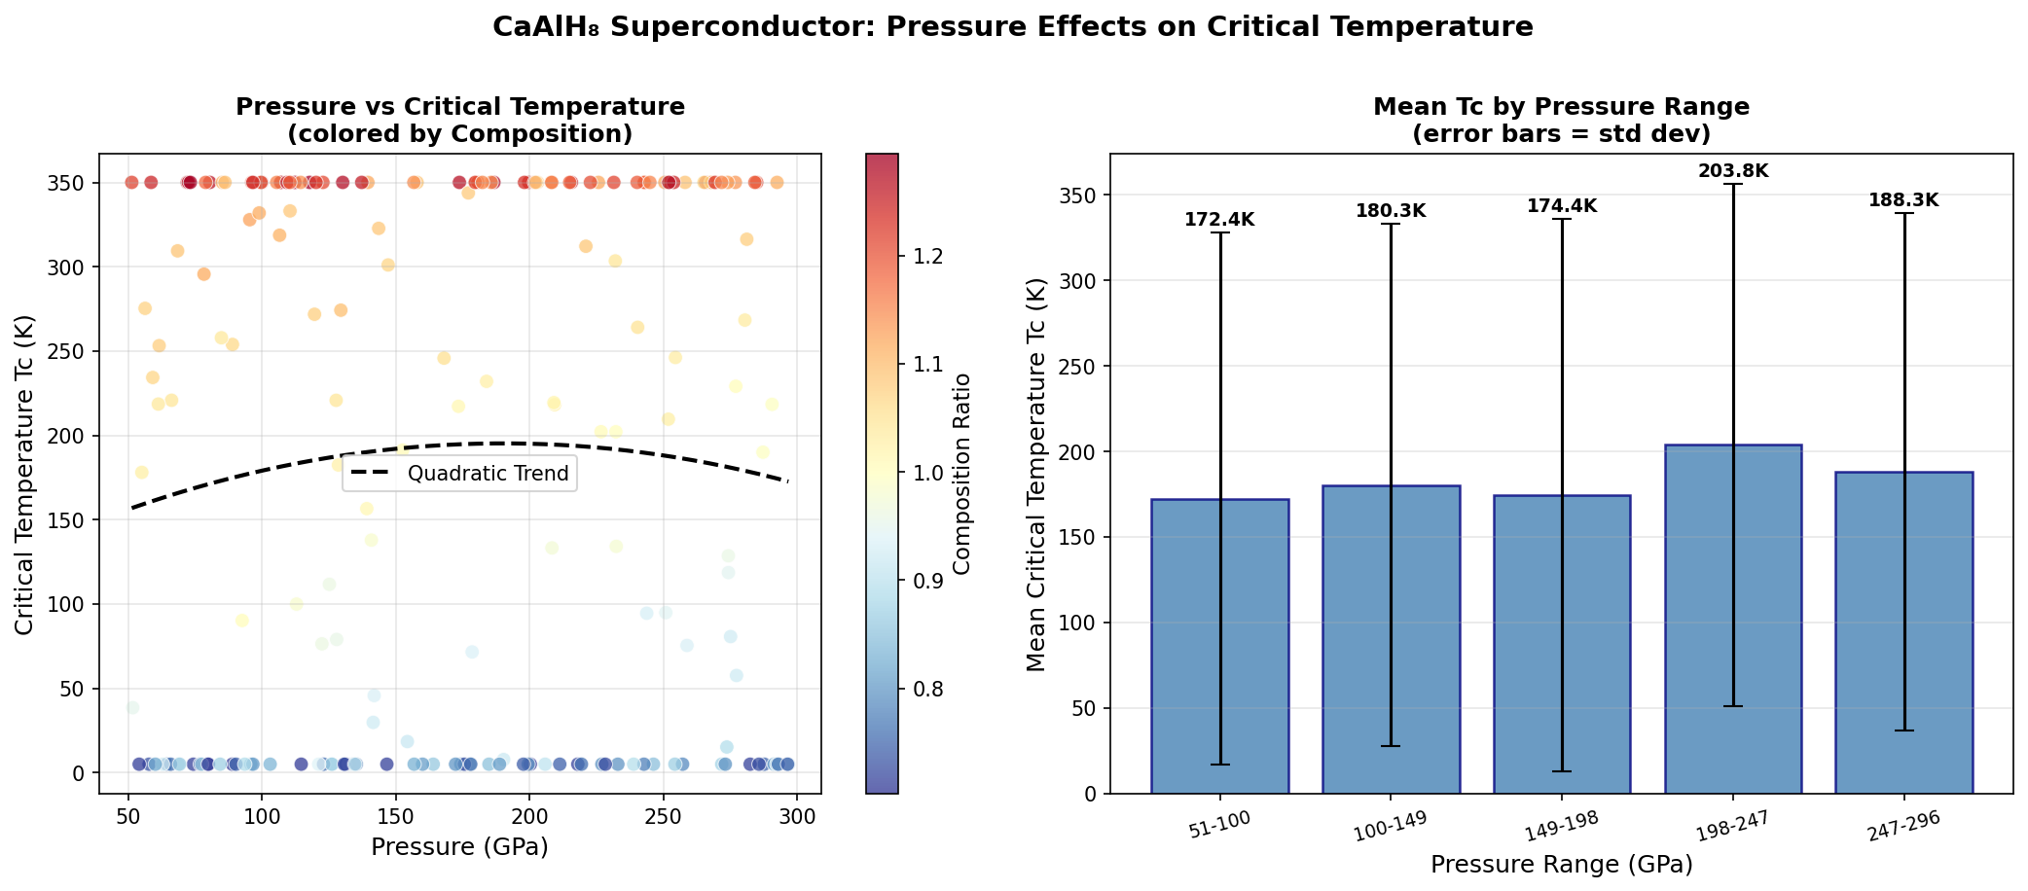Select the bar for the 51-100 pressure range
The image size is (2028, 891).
pyautogui.click(x=1219, y=646)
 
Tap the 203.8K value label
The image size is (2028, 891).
pyautogui.click(x=1733, y=171)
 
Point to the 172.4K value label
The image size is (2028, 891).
pyautogui.click(x=1219, y=220)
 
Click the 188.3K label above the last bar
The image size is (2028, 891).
pyautogui.click(x=1903, y=200)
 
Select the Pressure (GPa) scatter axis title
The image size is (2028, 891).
pyautogui.click(x=459, y=847)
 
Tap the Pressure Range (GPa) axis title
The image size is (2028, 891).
pyautogui.click(x=1561, y=864)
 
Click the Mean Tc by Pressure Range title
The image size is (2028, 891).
pyautogui.click(x=1561, y=106)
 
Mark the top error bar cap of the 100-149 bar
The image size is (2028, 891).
pyautogui.click(x=1391, y=224)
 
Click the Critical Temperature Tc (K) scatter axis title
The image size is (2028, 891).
pyautogui.click(x=25, y=474)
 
